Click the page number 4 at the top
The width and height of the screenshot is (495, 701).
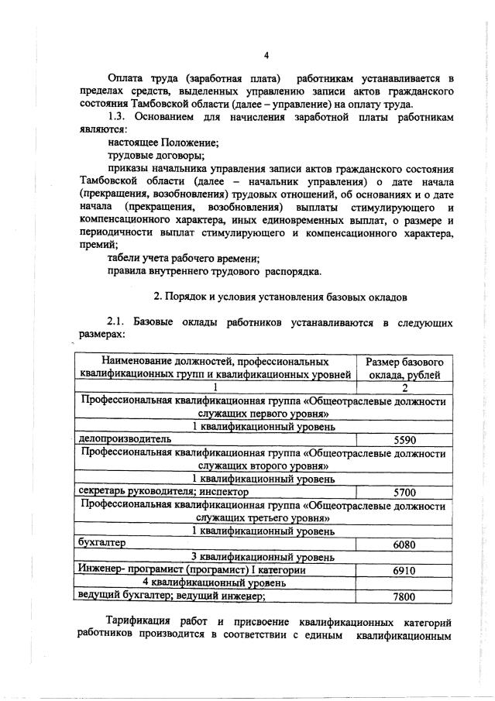coord(266,54)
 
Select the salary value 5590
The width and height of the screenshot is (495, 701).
coord(404,439)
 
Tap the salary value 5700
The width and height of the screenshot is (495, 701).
coord(404,491)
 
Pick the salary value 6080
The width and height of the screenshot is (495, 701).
coord(404,544)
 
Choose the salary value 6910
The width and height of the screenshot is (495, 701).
coord(404,570)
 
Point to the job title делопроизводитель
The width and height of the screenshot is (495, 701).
coord(120,438)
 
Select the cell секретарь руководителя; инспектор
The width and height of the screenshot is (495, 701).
coord(163,491)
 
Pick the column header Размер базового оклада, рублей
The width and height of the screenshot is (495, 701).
coord(404,368)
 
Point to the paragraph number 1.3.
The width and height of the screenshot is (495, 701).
coord(118,116)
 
